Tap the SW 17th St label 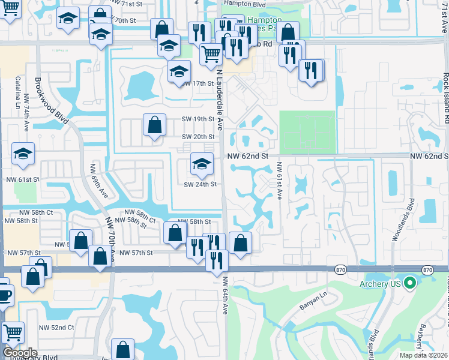click(x=199, y=83)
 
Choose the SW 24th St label click(x=200, y=184)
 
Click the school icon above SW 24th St click(x=202, y=164)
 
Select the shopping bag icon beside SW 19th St click(x=154, y=125)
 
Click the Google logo click(x=19, y=353)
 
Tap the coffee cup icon click(x=3, y=295)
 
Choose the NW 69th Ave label click(x=98, y=182)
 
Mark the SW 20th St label click(x=198, y=137)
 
